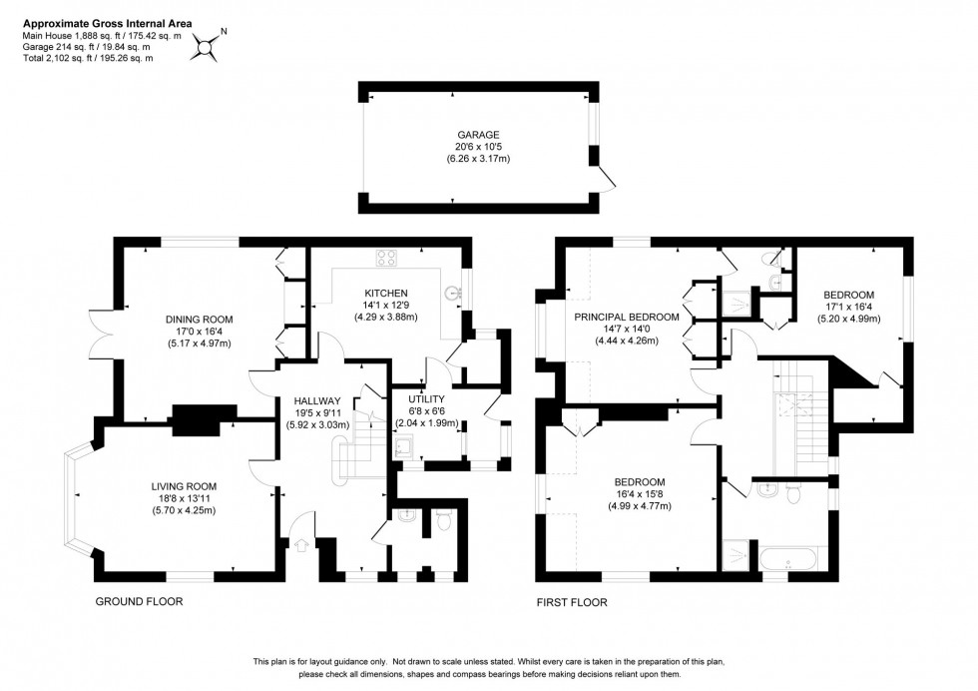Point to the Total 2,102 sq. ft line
[x=87, y=58]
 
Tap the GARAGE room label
[x=477, y=134]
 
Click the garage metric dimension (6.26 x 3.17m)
[x=477, y=158]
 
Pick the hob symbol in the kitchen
[x=387, y=259]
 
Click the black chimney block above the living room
[x=206, y=419]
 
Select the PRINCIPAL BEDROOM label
[x=626, y=317]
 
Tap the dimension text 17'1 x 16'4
[x=848, y=307]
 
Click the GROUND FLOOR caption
[x=139, y=602]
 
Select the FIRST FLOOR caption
[x=572, y=602]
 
